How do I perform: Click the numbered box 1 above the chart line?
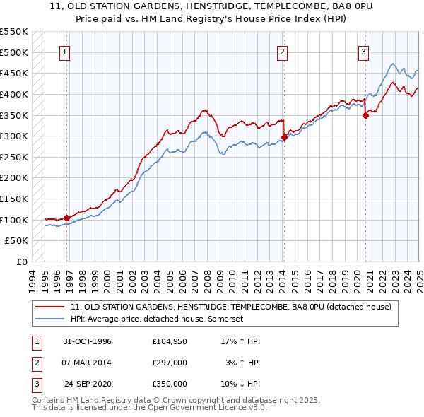64,51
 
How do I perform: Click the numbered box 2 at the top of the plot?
282,51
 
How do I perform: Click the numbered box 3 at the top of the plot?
363,51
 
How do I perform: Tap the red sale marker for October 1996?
67,218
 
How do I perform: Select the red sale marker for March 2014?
284,137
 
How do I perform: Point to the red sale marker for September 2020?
365,115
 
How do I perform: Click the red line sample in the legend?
51,306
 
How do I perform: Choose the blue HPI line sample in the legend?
51,319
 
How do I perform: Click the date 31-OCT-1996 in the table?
88,341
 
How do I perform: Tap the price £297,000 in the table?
170,363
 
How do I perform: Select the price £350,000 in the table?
170,384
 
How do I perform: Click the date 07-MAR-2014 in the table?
88,363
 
